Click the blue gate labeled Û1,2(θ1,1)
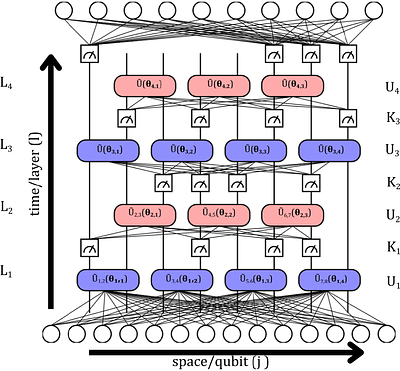[x=106, y=279]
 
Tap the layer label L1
[x=9, y=272]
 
